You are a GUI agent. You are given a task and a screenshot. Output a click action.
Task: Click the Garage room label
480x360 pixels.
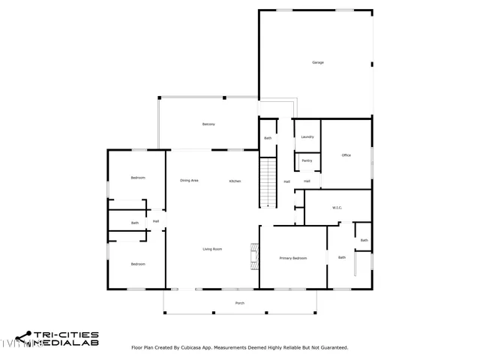(318, 62)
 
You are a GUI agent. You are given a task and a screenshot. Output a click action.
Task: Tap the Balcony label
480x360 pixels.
(208, 124)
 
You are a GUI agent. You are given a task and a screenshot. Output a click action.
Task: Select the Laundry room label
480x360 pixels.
(307, 136)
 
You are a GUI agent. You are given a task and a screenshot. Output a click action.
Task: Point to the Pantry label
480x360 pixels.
(307, 160)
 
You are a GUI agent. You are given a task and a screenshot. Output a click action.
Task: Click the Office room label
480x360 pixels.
(346, 155)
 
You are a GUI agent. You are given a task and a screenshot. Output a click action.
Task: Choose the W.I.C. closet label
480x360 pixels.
(337, 208)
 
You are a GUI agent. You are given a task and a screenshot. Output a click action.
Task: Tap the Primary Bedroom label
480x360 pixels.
(293, 258)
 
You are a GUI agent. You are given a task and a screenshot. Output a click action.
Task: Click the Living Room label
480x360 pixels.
(212, 249)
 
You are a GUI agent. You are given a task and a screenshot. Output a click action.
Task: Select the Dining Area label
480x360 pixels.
(189, 181)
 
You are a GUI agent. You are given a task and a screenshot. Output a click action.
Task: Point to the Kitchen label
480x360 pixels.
(235, 181)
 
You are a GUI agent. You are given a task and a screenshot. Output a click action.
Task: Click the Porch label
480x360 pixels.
(240, 303)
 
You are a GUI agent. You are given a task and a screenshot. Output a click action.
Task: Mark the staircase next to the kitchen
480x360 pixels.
(268, 183)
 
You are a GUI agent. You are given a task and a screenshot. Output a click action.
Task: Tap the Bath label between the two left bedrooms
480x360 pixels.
(135, 223)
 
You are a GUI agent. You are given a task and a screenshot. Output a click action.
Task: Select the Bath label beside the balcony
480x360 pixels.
(268, 138)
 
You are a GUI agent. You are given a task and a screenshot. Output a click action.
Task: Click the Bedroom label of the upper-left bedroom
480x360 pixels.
(138, 178)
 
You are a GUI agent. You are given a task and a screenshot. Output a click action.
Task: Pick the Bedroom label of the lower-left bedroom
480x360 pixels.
(138, 264)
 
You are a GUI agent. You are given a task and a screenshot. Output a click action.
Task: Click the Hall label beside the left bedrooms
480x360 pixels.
(156, 221)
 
